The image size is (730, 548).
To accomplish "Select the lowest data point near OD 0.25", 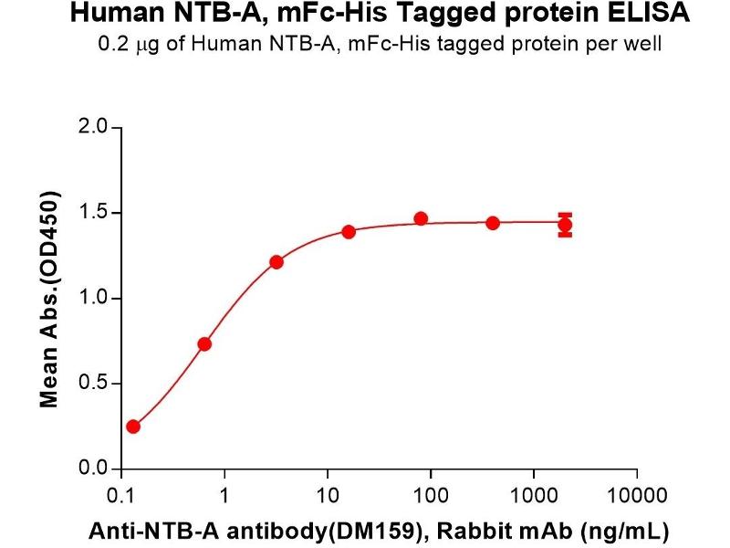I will click(x=133, y=427).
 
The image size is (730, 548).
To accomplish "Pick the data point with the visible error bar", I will click(x=565, y=224).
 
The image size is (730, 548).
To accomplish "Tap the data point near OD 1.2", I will click(x=276, y=262).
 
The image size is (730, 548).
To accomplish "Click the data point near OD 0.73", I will click(x=204, y=343).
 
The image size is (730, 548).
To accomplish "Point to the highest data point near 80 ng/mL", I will click(x=421, y=218).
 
